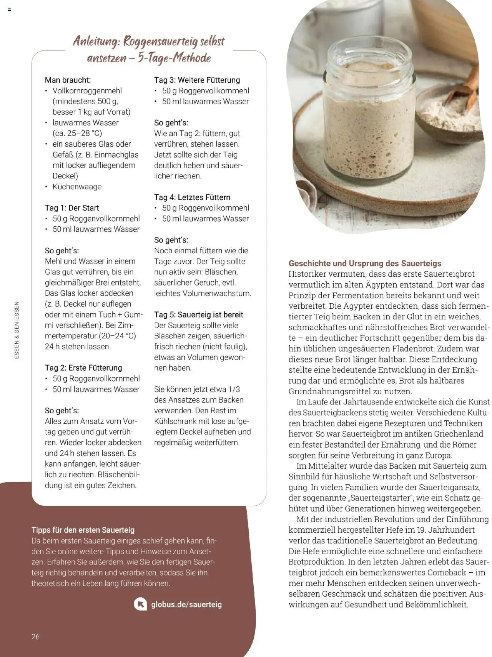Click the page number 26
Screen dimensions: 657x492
[35, 637]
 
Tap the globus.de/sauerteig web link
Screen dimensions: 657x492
[186, 604]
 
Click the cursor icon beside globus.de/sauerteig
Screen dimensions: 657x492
[140, 604]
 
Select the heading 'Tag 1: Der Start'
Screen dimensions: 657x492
[72, 208]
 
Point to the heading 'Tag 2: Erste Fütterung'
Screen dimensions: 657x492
[83, 368]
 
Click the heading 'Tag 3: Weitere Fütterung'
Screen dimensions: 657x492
[197, 80]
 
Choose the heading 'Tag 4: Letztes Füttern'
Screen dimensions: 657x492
[192, 197]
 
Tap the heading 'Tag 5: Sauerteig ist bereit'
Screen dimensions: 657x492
[198, 314]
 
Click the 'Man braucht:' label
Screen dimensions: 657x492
[68, 80]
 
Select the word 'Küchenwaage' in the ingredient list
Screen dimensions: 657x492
[77, 187]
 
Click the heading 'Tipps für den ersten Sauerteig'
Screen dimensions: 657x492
[83, 530]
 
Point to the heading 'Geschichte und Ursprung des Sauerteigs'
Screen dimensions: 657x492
[365, 263]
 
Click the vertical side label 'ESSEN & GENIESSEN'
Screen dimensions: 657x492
[17, 330]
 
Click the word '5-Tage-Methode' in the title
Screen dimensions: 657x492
[174, 58]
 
